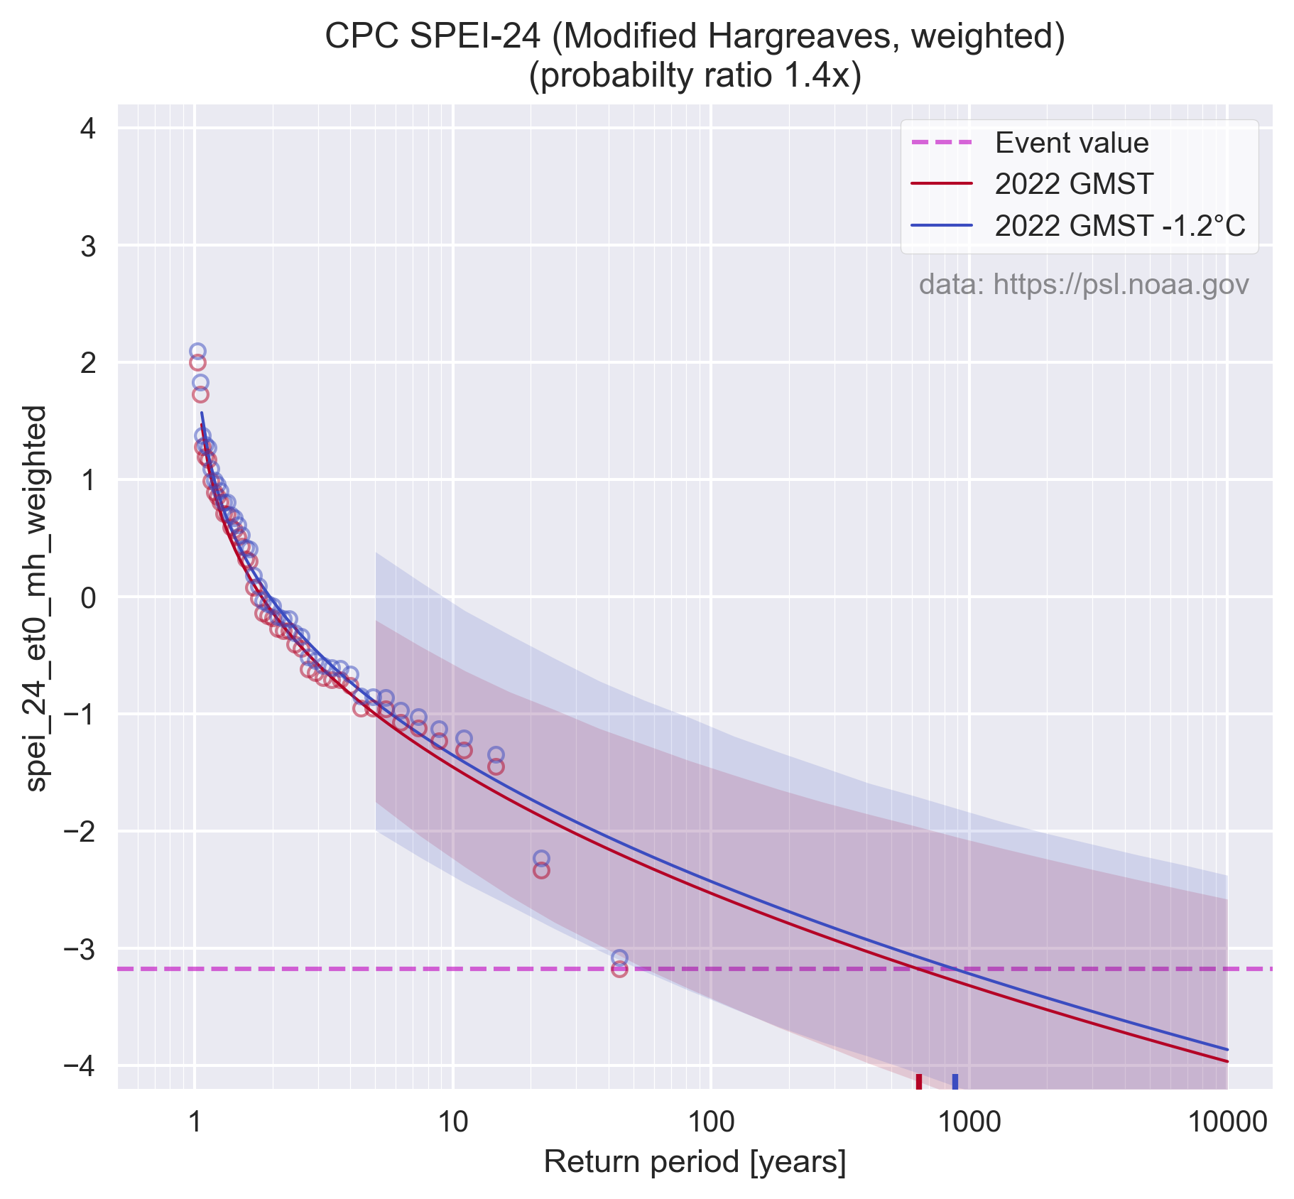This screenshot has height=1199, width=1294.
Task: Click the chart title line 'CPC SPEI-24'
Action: coord(695,37)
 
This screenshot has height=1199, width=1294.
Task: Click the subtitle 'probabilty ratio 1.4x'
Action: coord(695,75)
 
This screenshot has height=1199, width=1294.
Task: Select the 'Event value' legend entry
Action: coord(1071,143)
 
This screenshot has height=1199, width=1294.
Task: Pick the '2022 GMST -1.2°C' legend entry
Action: coord(1119,226)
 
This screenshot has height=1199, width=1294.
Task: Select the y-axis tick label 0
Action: coord(89,597)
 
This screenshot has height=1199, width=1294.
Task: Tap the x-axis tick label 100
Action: coord(711,1122)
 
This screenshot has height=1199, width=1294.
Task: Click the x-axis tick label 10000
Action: coord(1227,1122)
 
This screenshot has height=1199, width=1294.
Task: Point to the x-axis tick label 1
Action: coord(195,1122)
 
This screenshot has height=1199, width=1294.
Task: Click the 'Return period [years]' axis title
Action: coord(695,1163)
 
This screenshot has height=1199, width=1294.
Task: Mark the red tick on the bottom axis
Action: coord(919,1080)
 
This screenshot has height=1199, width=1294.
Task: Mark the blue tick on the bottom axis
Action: coord(955,1080)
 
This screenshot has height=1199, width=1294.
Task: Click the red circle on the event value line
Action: coord(619,969)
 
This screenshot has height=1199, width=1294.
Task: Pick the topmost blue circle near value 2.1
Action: coord(197,351)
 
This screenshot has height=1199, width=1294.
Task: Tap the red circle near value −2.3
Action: coord(541,870)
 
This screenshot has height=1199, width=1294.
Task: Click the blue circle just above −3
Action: coord(619,957)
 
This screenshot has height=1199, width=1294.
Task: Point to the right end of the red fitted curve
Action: coord(1227,1061)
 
